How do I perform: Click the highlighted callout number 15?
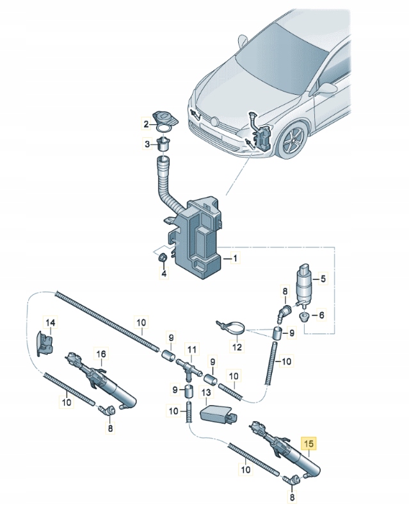[309, 443]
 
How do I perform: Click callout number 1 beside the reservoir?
[234, 259]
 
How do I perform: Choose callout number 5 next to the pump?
[322, 315]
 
